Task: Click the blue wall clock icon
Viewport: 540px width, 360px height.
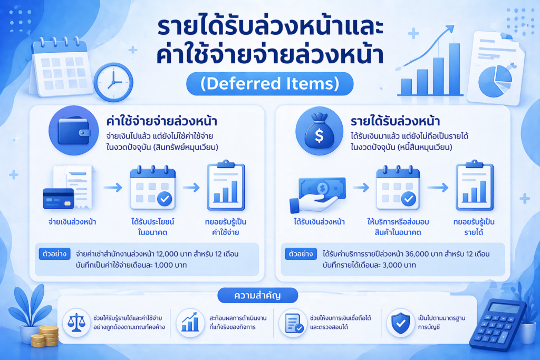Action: pyautogui.click(x=113, y=82)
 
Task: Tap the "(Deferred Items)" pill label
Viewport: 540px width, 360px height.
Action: pyautogui.click(x=269, y=84)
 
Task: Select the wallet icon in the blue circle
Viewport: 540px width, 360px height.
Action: pyautogui.click(x=74, y=131)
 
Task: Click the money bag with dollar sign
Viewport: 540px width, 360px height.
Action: pyautogui.click(x=319, y=131)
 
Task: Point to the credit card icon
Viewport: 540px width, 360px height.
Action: pyautogui.click(x=58, y=198)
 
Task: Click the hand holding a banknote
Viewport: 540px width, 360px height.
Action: pyautogui.click(x=317, y=195)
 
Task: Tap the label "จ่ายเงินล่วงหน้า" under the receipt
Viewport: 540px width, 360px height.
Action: pyautogui.click(x=72, y=222)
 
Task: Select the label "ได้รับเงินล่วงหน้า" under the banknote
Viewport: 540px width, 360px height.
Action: pyautogui.click(x=319, y=222)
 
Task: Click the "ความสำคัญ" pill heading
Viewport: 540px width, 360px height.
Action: pyautogui.click(x=257, y=295)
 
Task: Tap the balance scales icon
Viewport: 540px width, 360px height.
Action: pyautogui.click(x=76, y=323)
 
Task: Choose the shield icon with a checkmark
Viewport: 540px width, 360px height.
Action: pyautogui.click(x=401, y=323)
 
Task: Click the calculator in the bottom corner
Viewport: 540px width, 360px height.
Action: pyautogui.click(x=497, y=325)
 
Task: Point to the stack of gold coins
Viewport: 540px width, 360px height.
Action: pyautogui.click(x=45, y=336)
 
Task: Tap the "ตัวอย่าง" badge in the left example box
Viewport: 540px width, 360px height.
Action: pyautogui.click(x=54, y=254)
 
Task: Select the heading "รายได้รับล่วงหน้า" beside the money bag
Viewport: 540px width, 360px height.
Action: pyautogui.click(x=395, y=121)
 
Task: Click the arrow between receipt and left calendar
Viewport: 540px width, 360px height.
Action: pyautogui.click(x=113, y=188)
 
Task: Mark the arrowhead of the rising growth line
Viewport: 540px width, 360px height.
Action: pyautogui.click(x=450, y=29)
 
